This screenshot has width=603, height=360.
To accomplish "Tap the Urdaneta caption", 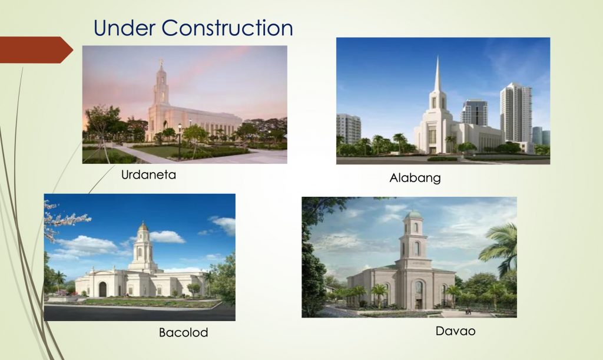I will pos(148,174).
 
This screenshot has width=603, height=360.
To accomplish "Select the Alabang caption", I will pos(415,177).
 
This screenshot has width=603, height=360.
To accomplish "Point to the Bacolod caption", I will pos(183,332).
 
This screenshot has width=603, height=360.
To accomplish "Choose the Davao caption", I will pos(455,331).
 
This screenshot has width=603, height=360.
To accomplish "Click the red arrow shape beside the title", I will pos(35,49).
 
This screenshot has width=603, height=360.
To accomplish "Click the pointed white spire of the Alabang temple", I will pos(437,77).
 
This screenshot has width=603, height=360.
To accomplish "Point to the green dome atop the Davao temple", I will pos(415,214).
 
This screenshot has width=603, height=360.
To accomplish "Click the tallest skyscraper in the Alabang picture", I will pos(515,112).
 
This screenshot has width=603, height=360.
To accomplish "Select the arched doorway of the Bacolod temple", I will pos(102,289).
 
